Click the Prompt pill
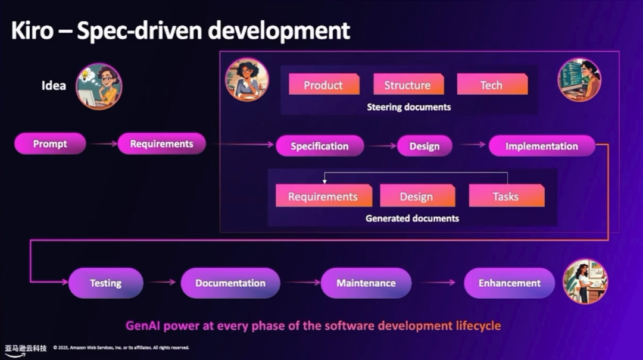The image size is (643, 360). tap(50, 144)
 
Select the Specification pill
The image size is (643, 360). tap(320, 146)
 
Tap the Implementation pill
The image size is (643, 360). tap(542, 146)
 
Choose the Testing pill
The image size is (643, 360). tap(105, 283)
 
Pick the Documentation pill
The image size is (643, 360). tap(230, 283)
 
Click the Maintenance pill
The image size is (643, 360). tap(366, 283)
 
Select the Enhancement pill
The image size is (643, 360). tap(510, 283)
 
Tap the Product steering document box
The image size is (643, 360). tap(323, 85)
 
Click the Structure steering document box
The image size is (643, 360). tap(408, 85)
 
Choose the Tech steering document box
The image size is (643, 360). tap(492, 85)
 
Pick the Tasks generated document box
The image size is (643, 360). tap(506, 197)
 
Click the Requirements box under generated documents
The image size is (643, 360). tap(323, 197)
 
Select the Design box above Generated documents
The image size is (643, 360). tap(417, 197)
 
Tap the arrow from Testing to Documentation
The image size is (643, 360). tap(163, 283)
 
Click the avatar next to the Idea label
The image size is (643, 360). tap(99, 86)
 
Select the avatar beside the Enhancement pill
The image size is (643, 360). tap(585, 281)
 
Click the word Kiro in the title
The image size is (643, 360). tap(33, 30)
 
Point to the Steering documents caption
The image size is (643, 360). tap(408, 107)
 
